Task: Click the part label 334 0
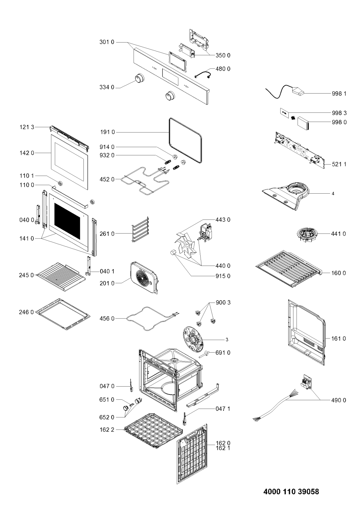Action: coord(107,87)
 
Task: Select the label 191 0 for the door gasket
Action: coord(108,132)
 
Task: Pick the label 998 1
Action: coord(339,93)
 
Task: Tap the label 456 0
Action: coord(107,319)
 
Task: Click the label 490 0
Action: coord(338,400)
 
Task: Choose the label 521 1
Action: coord(339,164)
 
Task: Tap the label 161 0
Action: coord(338,339)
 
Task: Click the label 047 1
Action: coord(223,409)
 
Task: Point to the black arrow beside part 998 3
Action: coord(293,117)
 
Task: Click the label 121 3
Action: coord(27,127)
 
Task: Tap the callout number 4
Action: coord(333,194)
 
